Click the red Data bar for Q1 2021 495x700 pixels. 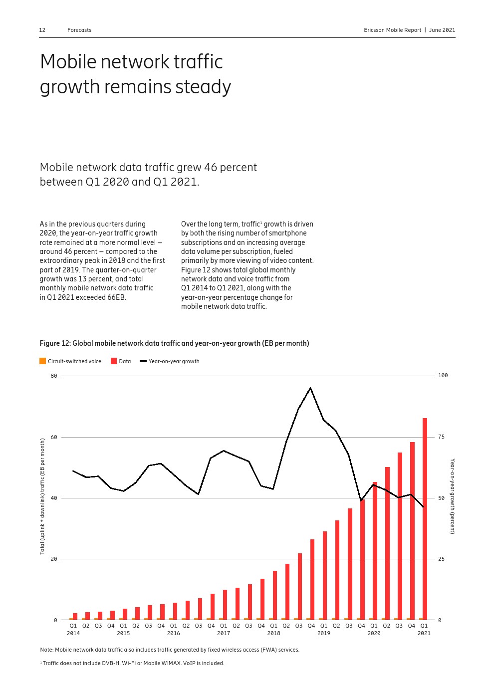(425, 519)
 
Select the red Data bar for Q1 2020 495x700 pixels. (375, 551)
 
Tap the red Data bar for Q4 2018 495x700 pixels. (312, 579)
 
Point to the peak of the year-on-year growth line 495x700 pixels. (310, 388)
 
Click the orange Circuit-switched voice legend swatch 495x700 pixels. (43, 361)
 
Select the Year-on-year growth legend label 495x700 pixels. (174, 361)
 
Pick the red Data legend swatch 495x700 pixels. (114, 361)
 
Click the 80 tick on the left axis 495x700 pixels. (54, 376)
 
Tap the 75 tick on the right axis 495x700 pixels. (441, 437)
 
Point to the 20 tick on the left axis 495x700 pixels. (54, 559)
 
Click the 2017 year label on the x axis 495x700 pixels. (224, 633)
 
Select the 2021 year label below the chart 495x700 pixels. (424, 633)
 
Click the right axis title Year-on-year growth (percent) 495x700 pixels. (453, 496)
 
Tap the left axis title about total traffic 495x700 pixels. (42, 496)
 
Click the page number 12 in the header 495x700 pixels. (42, 30)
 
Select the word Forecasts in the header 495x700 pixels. (79, 30)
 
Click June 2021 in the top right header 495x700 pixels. (442, 30)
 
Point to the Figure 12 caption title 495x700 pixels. (174, 343)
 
